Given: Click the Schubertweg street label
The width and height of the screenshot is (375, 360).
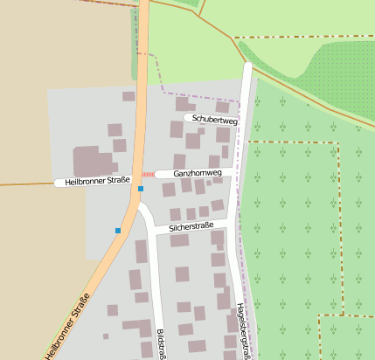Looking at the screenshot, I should pos(214,118).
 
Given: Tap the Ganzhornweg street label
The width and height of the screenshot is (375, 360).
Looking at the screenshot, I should pos(198,174).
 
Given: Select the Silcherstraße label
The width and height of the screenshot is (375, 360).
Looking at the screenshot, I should pos(191,227).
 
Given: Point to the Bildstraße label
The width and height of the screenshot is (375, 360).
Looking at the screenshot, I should pos(161,344).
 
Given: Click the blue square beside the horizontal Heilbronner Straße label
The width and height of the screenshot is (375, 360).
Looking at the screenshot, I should pos(140,188).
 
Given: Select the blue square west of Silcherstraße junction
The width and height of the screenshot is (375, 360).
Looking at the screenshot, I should pos(118,231).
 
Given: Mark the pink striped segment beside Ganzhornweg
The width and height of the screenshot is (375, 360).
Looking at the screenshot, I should pos(148,175).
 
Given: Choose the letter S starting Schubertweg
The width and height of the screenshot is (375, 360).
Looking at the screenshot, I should pos(195,118).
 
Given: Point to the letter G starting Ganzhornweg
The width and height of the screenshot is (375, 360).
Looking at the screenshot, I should pos(177,174).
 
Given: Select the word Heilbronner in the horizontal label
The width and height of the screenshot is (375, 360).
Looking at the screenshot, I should pos(84,183).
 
